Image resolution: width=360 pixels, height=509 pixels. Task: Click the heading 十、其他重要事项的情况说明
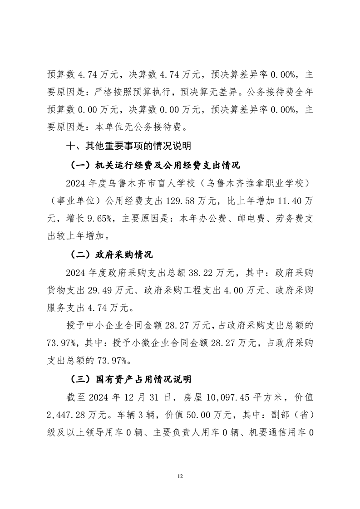129,146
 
